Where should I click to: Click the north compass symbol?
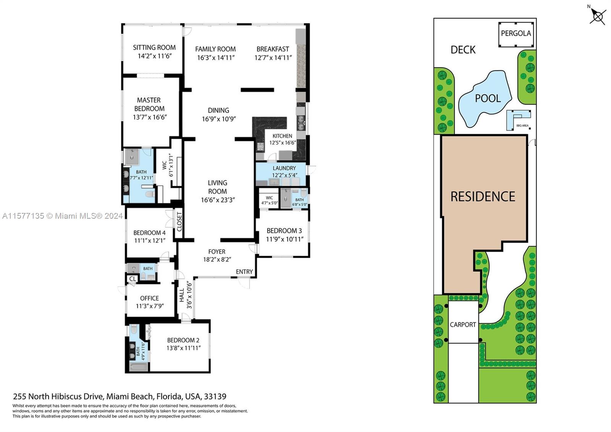pyautogui.click(x=597, y=16)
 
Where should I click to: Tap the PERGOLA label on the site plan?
pyautogui.click(x=516, y=33)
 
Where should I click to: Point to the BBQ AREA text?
pyautogui.click(x=522, y=126)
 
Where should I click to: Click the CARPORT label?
pyautogui.click(x=462, y=325)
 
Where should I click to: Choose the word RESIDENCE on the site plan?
pyautogui.click(x=483, y=197)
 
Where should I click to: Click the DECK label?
pyautogui.click(x=463, y=50)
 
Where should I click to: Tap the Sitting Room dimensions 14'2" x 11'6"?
pyautogui.click(x=155, y=56)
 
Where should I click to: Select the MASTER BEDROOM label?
pyautogui.click(x=149, y=104)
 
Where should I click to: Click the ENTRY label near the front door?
pyautogui.click(x=244, y=272)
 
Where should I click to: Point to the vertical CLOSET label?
pyautogui.click(x=179, y=222)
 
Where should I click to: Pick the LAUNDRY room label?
pyautogui.click(x=284, y=168)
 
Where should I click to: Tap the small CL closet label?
pyautogui.click(x=133, y=279)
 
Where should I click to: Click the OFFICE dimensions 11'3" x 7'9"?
pyautogui.click(x=150, y=306)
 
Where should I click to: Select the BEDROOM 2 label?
pyautogui.click(x=183, y=340)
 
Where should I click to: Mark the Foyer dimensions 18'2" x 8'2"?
pyautogui.click(x=217, y=260)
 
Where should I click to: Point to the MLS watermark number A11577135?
pyautogui.click(x=23, y=216)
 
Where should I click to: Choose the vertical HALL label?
pyautogui.click(x=182, y=296)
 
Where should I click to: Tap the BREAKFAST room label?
pyautogui.click(x=273, y=49)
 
